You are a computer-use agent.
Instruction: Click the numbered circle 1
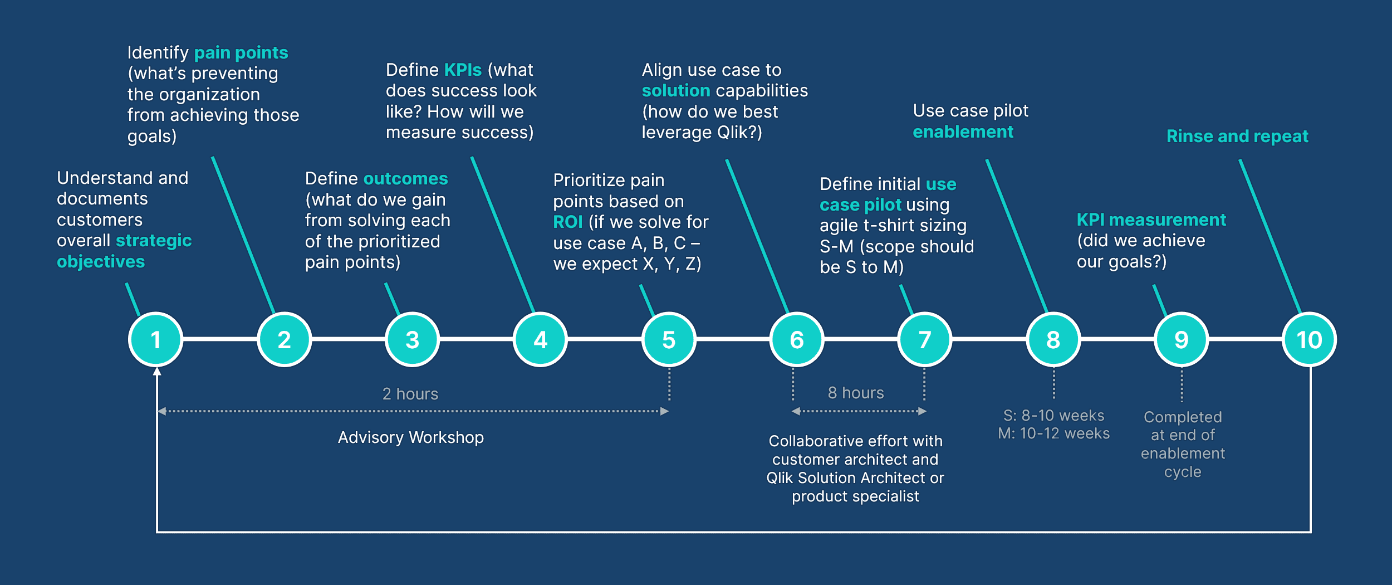(x=156, y=339)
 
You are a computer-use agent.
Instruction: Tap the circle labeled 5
(x=669, y=339)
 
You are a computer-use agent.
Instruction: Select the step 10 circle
(x=1309, y=339)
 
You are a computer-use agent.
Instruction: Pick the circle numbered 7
(x=925, y=339)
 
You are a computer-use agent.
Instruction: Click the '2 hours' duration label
(x=410, y=394)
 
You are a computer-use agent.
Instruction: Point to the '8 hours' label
(x=856, y=393)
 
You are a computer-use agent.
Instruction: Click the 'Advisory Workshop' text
(x=411, y=437)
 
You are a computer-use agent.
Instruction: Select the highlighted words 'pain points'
(x=241, y=53)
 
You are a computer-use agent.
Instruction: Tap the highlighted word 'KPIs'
(x=463, y=70)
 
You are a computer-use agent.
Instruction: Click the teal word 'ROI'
(x=567, y=222)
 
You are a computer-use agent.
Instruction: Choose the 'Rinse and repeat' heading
(x=1237, y=136)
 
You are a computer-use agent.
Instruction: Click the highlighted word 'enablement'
(x=963, y=132)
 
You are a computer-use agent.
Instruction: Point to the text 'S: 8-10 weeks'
(x=1053, y=416)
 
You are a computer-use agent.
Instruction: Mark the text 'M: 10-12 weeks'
(x=1053, y=433)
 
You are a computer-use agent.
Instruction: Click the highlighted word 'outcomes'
(x=405, y=179)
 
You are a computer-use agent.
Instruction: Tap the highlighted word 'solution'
(x=676, y=91)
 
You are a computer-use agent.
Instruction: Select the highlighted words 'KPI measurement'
(x=1151, y=220)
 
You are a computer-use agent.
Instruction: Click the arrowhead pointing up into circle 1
(x=157, y=372)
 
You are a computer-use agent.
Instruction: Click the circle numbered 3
(x=412, y=339)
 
